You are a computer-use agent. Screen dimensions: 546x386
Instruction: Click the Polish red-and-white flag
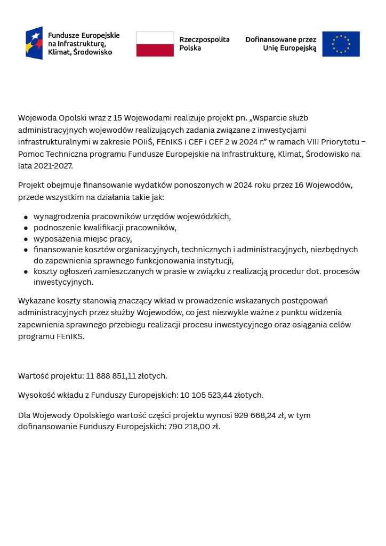(155, 44)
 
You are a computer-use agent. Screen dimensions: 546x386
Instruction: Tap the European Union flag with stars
(341, 44)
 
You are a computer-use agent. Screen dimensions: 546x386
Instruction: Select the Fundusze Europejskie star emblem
(34, 43)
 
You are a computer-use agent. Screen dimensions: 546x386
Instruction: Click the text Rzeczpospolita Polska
(204, 44)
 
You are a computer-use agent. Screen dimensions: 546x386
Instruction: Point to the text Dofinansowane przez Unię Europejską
(280, 44)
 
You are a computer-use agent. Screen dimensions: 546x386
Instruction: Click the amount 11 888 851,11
(111, 376)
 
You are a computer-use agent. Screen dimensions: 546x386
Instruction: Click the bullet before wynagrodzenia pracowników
(26, 218)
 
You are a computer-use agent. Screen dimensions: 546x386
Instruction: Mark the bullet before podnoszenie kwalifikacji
(26, 228)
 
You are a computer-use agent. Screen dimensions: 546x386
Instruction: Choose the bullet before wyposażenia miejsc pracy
(26, 239)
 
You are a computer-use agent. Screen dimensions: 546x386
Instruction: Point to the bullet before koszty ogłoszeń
(26, 272)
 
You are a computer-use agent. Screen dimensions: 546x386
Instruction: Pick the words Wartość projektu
(51, 376)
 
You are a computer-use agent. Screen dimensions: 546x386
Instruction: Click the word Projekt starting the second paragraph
(31, 186)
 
